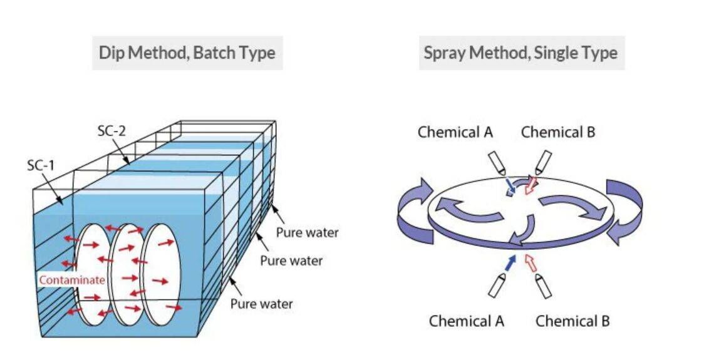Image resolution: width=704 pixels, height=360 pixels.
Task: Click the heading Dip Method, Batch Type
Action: [x=187, y=53]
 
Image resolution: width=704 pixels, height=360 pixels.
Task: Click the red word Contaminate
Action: [x=71, y=280]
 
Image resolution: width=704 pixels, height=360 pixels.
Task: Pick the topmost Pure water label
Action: [x=307, y=233]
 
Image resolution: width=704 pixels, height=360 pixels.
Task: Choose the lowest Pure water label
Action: [x=261, y=304]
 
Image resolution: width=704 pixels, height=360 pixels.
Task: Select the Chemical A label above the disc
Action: [x=455, y=132]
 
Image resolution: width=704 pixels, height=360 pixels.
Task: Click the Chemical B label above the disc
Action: [x=558, y=132]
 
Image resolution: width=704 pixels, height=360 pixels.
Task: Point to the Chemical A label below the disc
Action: [x=467, y=321]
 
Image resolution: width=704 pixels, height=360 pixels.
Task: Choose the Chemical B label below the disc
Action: [x=572, y=321]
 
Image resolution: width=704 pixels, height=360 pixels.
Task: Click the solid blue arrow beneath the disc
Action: [x=512, y=264]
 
